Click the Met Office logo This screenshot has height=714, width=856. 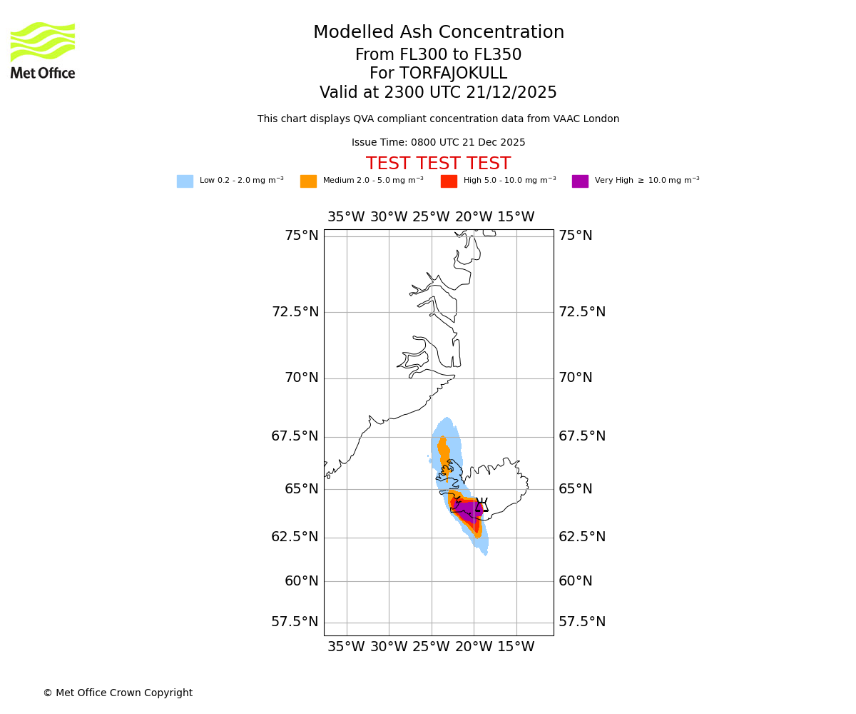43,50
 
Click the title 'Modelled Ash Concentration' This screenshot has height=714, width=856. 439,33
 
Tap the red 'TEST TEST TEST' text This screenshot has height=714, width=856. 438,164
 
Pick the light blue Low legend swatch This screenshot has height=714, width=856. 185,181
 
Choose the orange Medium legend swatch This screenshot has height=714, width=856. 308,181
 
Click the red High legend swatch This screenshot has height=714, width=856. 449,181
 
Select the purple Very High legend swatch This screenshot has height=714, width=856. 580,181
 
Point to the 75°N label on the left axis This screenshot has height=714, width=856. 302,236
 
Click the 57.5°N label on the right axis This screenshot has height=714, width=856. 582,622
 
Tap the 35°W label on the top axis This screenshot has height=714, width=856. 346,217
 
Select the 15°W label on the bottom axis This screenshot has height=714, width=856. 516,647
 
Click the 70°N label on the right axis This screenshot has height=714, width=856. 575,378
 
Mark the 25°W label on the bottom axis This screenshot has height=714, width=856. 431,647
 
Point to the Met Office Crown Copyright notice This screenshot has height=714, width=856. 118,693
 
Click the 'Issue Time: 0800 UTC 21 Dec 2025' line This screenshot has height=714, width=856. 438,143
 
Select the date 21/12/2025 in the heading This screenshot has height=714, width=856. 513,93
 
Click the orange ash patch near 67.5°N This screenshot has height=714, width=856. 444,451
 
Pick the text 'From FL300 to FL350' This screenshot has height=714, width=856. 438,55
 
